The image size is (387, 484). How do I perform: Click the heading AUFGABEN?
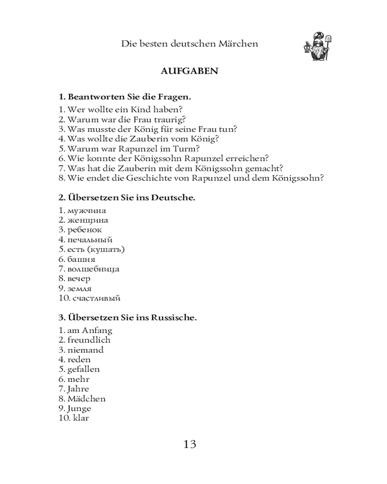pyautogui.click(x=189, y=71)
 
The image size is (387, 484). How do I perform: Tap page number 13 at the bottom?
pyautogui.click(x=190, y=444)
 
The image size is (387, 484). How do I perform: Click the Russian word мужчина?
pyautogui.click(x=87, y=211)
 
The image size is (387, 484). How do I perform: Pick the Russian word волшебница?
pyautogui.click(x=93, y=269)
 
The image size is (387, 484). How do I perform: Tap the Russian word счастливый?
pyautogui.click(x=96, y=298)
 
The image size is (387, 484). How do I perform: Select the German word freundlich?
pyautogui.click(x=89, y=340)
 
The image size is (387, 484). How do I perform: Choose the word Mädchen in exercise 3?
pyautogui.click(x=87, y=399)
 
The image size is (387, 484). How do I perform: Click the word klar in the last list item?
pyautogui.click(x=81, y=418)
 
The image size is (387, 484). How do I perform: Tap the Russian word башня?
pyautogui.click(x=81, y=259)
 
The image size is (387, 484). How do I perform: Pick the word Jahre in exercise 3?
pyautogui.click(x=78, y=389)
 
